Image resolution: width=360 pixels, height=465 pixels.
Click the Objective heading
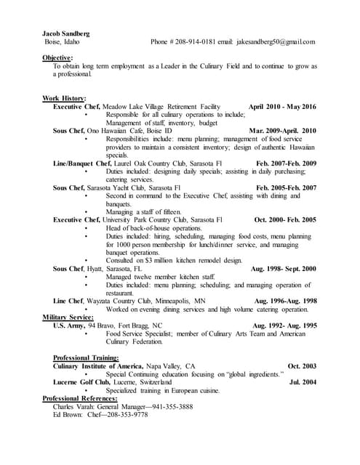(57, 57)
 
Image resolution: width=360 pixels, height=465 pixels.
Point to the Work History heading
(65, 98)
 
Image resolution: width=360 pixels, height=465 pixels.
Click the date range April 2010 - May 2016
(283, 107)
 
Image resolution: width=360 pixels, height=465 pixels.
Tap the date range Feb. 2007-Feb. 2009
(287, 163)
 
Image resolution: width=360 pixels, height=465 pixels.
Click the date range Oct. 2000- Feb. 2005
(285, 219)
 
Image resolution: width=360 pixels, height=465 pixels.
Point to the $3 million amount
(153, 260)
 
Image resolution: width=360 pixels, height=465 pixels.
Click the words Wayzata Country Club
(124, 301)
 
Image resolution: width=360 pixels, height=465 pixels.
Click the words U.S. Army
(70, 325)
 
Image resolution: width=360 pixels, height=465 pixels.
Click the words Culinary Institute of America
(101, 366)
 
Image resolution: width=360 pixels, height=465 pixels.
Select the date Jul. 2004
(303, 382)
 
